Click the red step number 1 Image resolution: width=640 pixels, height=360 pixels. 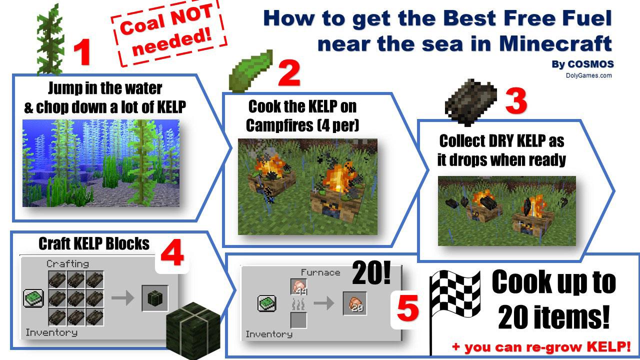(x=82, y=53)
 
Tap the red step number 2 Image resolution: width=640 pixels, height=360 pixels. (x=288, y=73)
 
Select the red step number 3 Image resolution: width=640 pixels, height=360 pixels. (x=516, y=101)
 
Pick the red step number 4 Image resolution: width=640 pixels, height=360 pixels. (x=171, y=255)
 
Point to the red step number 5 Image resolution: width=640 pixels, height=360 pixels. (x=407, y=309)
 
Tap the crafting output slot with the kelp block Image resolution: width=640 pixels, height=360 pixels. (x=154, y=298)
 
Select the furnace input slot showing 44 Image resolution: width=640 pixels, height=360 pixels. (x=298, y=287)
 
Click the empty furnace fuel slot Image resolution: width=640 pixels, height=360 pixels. (x=298, y=320)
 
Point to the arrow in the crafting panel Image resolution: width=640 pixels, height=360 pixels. (x=122, y=298)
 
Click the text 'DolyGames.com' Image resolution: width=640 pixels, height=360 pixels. (x=588, y=75)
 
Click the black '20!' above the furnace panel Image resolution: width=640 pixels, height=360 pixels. (x=371, y=274)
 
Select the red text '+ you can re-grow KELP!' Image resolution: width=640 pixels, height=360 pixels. (x=541, y=346)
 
